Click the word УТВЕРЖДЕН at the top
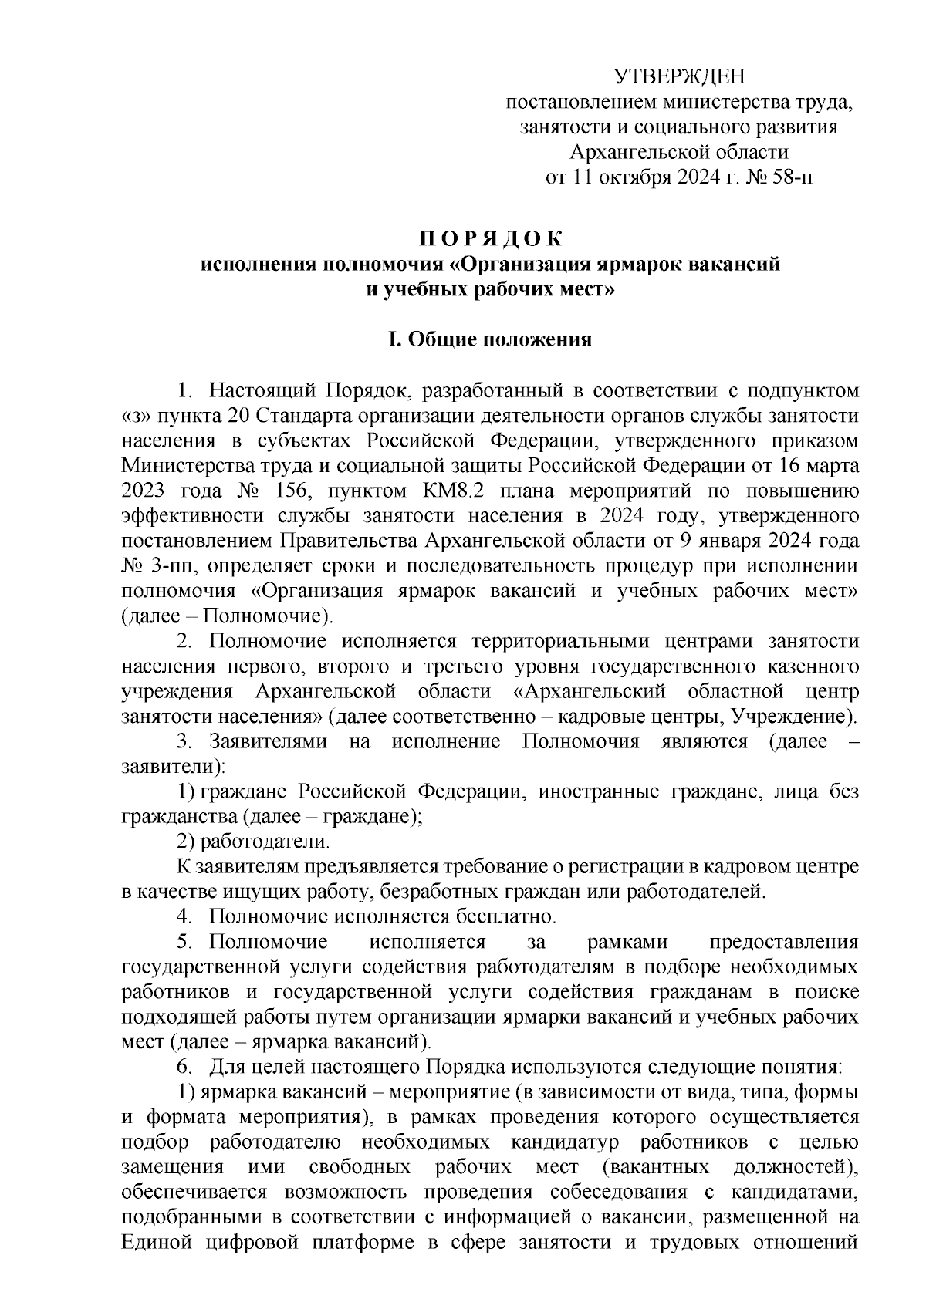(680, 76)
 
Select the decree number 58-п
(792, 178)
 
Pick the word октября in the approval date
(627, 178)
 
